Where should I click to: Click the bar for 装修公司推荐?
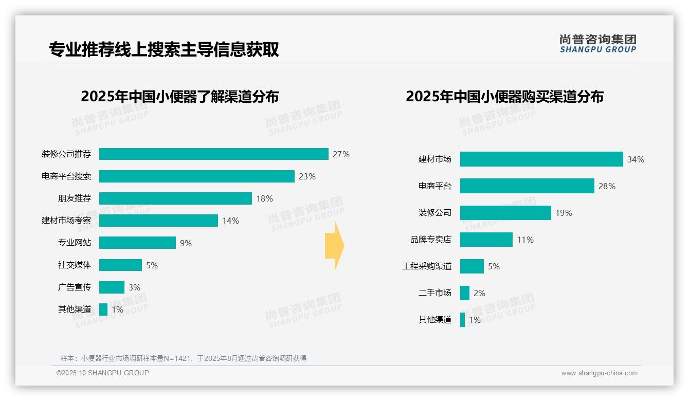click(x=213, y=154)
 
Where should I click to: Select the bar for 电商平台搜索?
click(x=196, y=176)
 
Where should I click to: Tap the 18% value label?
click(x=264, y=198)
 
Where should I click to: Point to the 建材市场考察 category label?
click(x=66, y=221)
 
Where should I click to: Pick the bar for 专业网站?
click(x=137, y=243)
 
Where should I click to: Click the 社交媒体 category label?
click(x=75, y=265)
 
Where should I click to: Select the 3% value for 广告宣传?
click(x=134, y=287)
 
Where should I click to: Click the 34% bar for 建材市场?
click(x=541, y=159)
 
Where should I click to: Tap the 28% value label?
click(x=607, y=186)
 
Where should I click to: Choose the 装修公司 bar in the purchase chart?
click(x=505, y=213)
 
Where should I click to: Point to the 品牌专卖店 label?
click(x=430, y=240)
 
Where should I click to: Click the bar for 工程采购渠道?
click(x=472, y=266)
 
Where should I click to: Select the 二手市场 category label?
click(x=434, y=293)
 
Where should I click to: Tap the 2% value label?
click(x=479, y=293)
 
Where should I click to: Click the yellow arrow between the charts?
click(x=334, y=246)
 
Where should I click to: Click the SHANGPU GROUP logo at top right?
click(x=597, y=43)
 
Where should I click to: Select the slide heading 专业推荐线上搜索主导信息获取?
click(x=164, y=49)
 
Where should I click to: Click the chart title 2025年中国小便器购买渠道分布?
click(x=504, y=97)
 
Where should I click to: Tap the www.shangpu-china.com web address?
click(x=599, y=373)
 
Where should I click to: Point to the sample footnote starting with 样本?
click(x=183, y=358)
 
